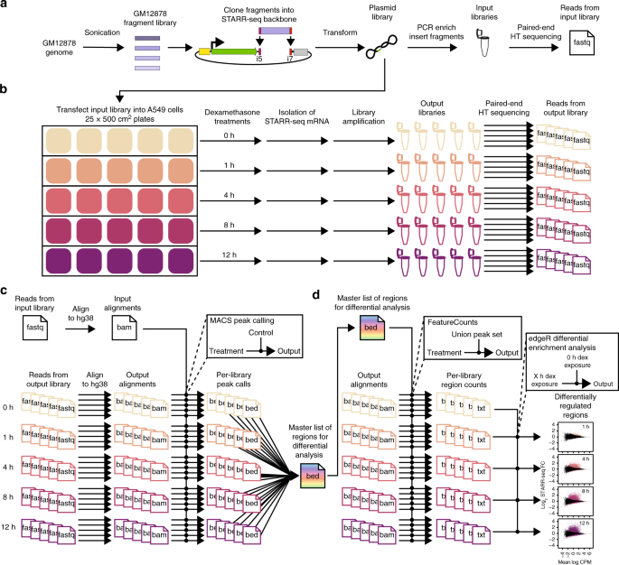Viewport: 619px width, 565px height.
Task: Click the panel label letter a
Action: coord(5,6)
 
